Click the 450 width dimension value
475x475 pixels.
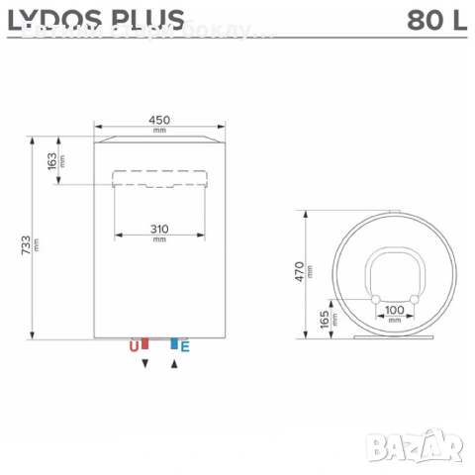click(x=160, y=120)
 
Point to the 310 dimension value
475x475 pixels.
click(x=160, y=230)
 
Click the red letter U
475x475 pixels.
click(x=133, y=346)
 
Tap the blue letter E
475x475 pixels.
click(x=185, y=346)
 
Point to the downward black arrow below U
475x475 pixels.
click(x=145, y=364)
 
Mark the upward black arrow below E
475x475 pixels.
click(x=174, y=364)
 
